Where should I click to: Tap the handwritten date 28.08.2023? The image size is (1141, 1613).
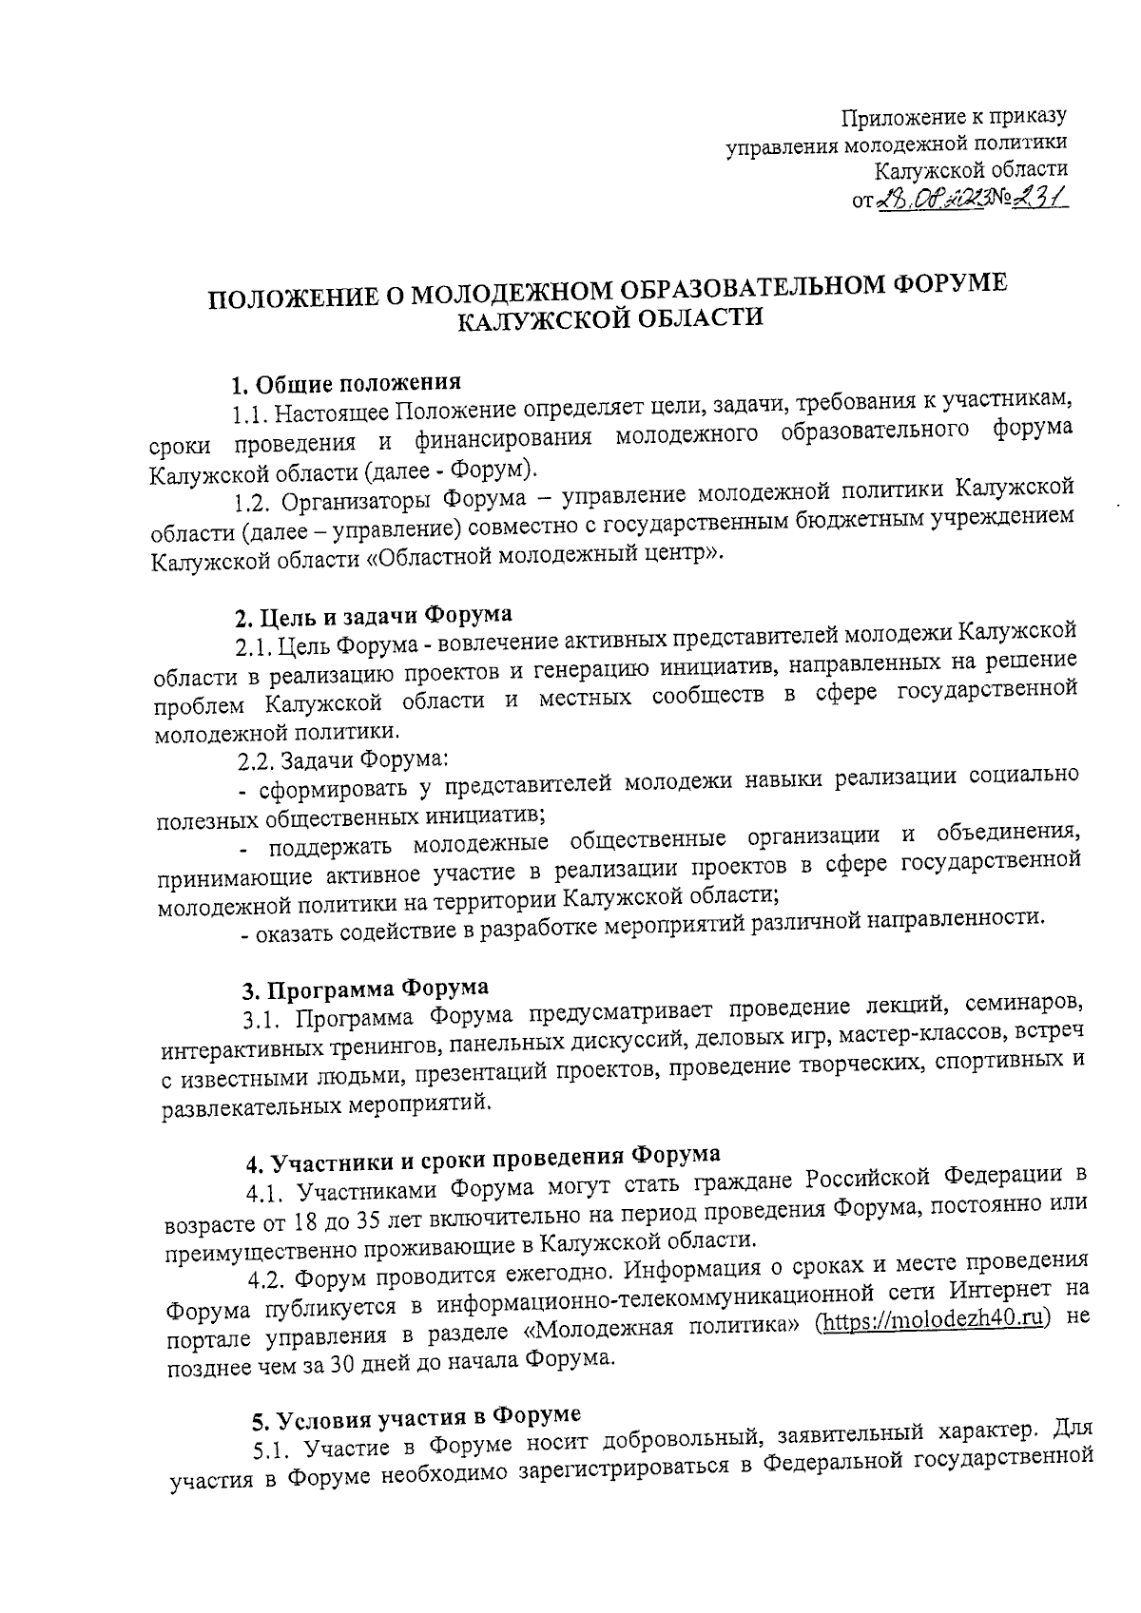click(x=935, y=197)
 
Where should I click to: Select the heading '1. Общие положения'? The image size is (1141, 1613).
click(x=347, y=384)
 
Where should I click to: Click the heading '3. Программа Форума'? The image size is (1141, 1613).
click(x=365, y=989)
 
